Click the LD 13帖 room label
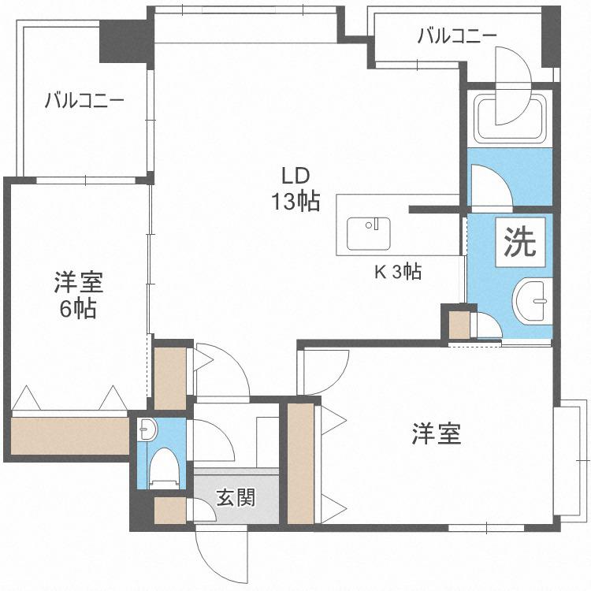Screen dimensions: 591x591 point(295,189)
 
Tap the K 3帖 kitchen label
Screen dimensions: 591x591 point(398,271)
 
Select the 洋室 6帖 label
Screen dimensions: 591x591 point(78,295)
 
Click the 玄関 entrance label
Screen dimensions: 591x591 point(236,497)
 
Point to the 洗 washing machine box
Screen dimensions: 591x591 point(520,243)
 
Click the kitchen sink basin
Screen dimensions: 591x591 point(368,233)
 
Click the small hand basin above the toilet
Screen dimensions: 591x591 point(147,429)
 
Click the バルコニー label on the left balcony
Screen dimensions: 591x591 point(84,101)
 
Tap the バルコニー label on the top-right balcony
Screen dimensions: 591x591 point(457,36)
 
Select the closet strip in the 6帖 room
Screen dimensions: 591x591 point(69,436)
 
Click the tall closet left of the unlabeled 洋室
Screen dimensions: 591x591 point(301,463)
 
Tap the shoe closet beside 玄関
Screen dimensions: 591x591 point(170,511)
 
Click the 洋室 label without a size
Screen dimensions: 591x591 point(436,434)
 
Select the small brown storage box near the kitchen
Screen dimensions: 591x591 point(459,325)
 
